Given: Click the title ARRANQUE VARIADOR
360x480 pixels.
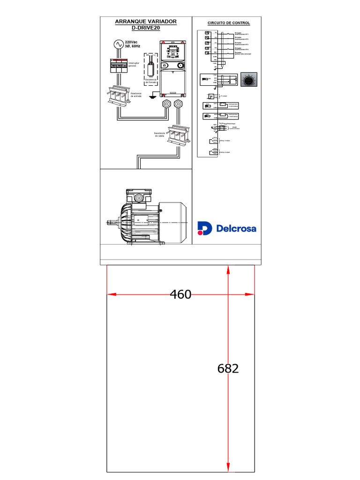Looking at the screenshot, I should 146,22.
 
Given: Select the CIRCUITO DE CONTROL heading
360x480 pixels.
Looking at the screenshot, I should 229,23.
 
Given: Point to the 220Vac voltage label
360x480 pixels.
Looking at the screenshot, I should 131,42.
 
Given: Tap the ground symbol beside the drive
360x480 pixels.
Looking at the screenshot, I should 151,97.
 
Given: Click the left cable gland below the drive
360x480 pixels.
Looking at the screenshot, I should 166,104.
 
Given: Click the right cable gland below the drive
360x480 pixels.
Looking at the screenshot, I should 178,104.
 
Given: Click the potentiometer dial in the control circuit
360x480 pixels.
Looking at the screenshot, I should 248,80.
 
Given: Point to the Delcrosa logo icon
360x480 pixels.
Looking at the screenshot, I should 204,228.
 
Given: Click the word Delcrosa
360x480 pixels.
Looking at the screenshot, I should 236,228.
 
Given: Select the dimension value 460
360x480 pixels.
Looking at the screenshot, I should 180,294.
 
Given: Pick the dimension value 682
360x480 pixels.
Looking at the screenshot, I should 228,368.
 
